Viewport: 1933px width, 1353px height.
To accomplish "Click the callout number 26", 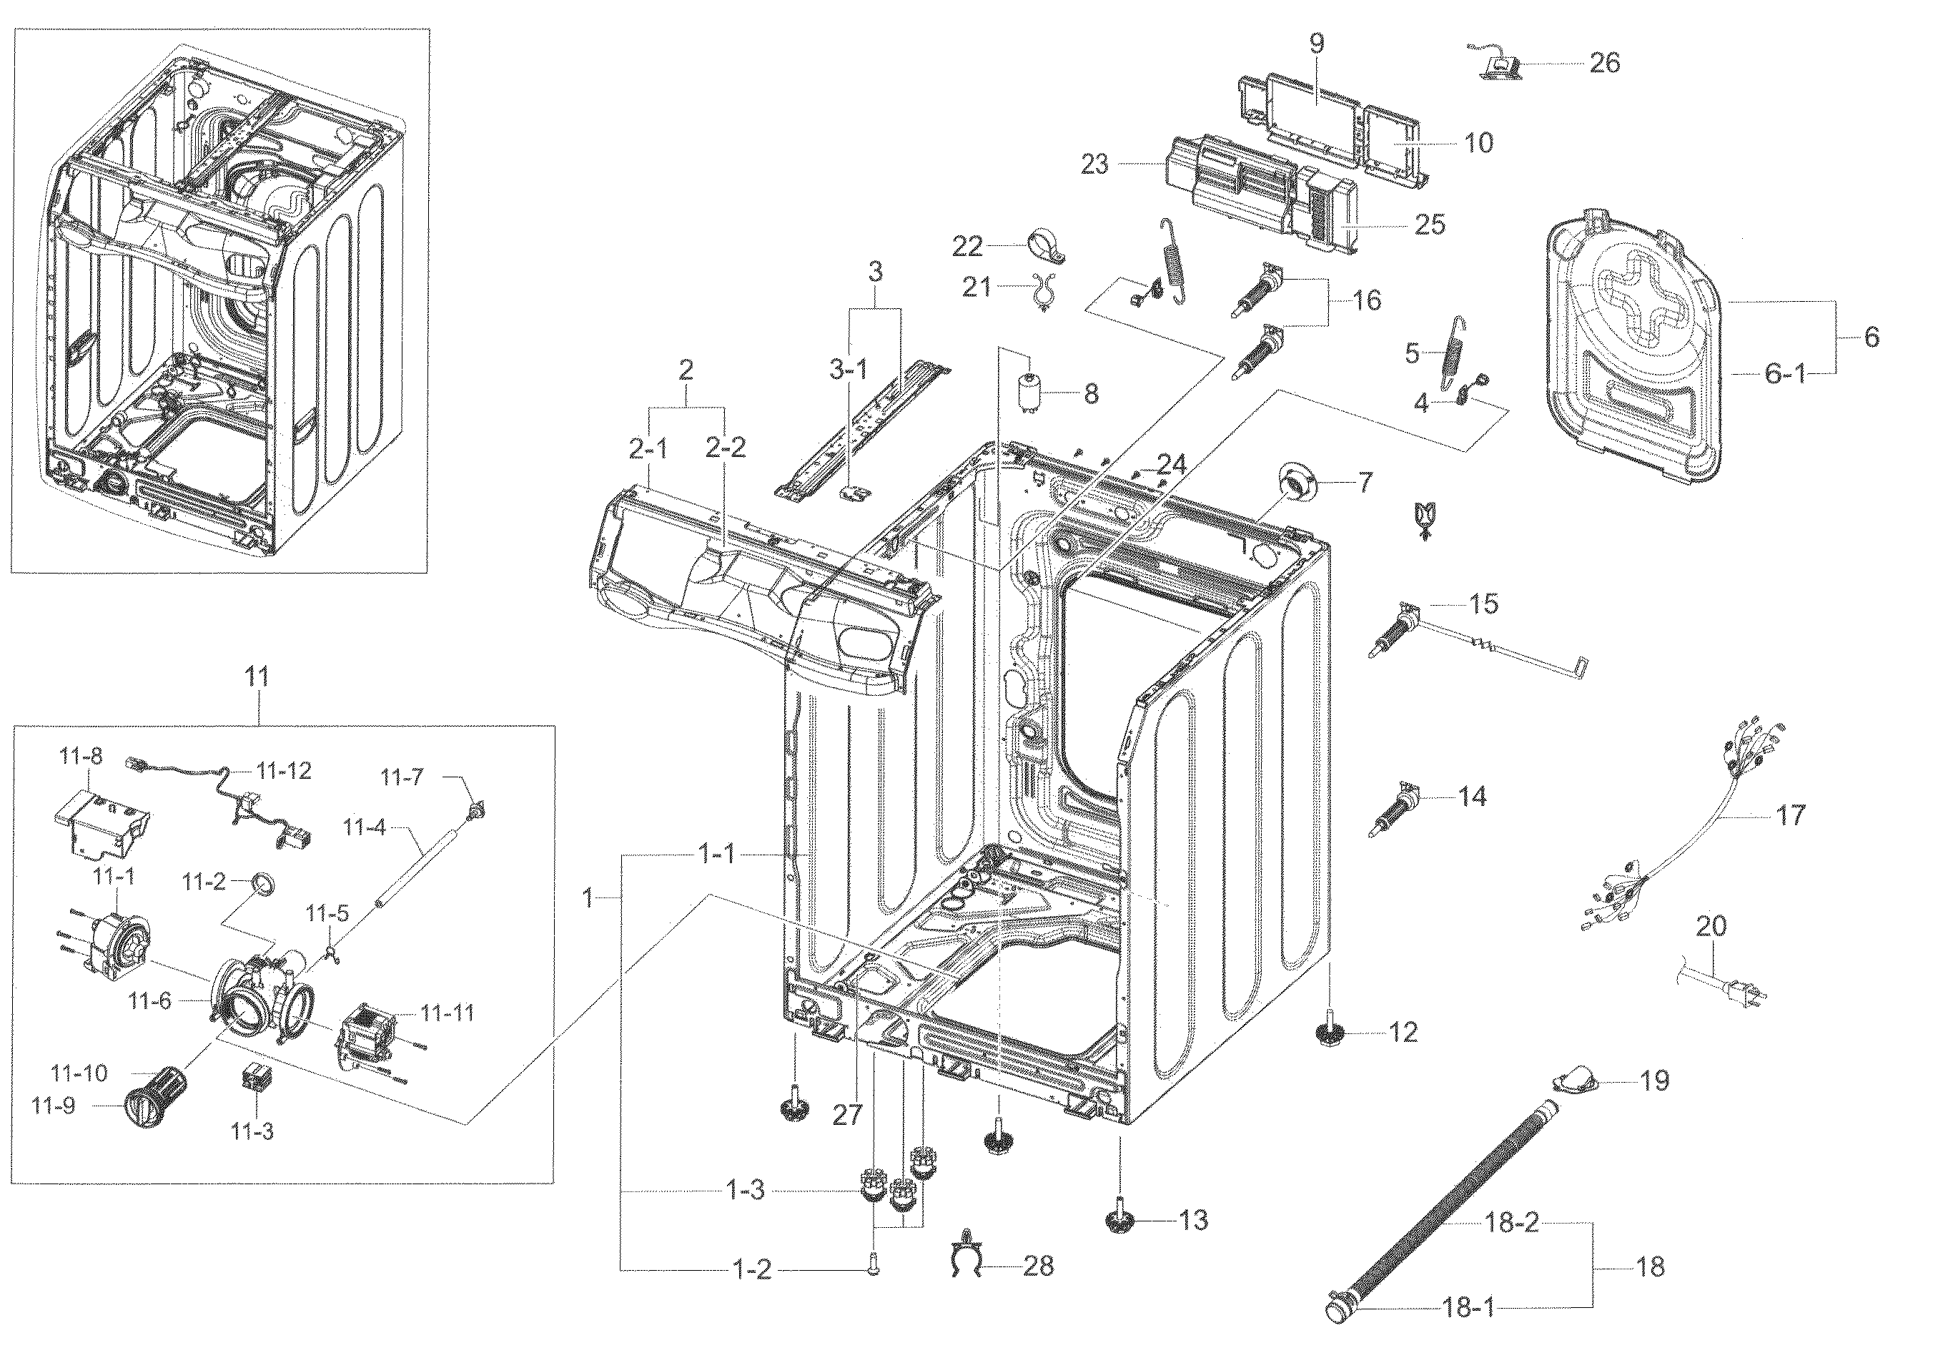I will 1604,63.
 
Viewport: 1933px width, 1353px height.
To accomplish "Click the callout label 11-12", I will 284,770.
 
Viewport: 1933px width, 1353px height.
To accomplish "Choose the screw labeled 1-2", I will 872,1266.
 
